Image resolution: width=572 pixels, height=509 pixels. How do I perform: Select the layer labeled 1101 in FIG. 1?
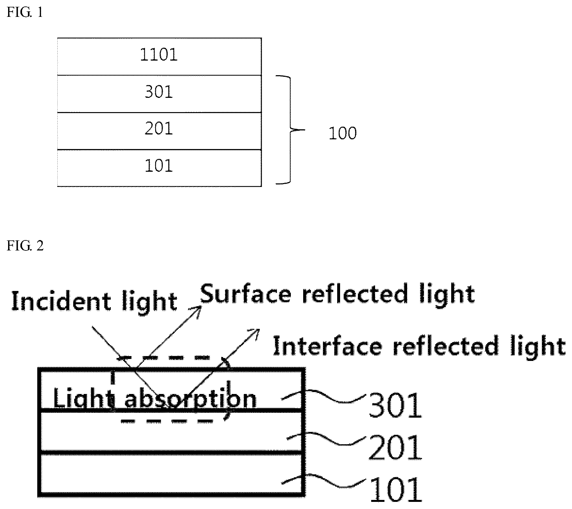tap(159, 57)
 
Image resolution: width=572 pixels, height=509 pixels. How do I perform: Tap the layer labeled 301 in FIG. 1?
tap(159, 94)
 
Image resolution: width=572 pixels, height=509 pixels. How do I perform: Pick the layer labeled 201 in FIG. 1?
tap(159, 131)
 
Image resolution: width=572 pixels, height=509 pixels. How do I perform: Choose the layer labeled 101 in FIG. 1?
tap(159, 168)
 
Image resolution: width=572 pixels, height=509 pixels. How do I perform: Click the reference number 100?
tap(342, 133)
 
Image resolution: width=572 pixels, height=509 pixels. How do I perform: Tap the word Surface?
tap(245, 294)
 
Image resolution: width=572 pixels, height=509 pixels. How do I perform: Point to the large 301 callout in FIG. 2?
tap(395, 405)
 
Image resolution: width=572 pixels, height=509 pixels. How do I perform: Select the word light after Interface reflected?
tap(536, 347)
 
